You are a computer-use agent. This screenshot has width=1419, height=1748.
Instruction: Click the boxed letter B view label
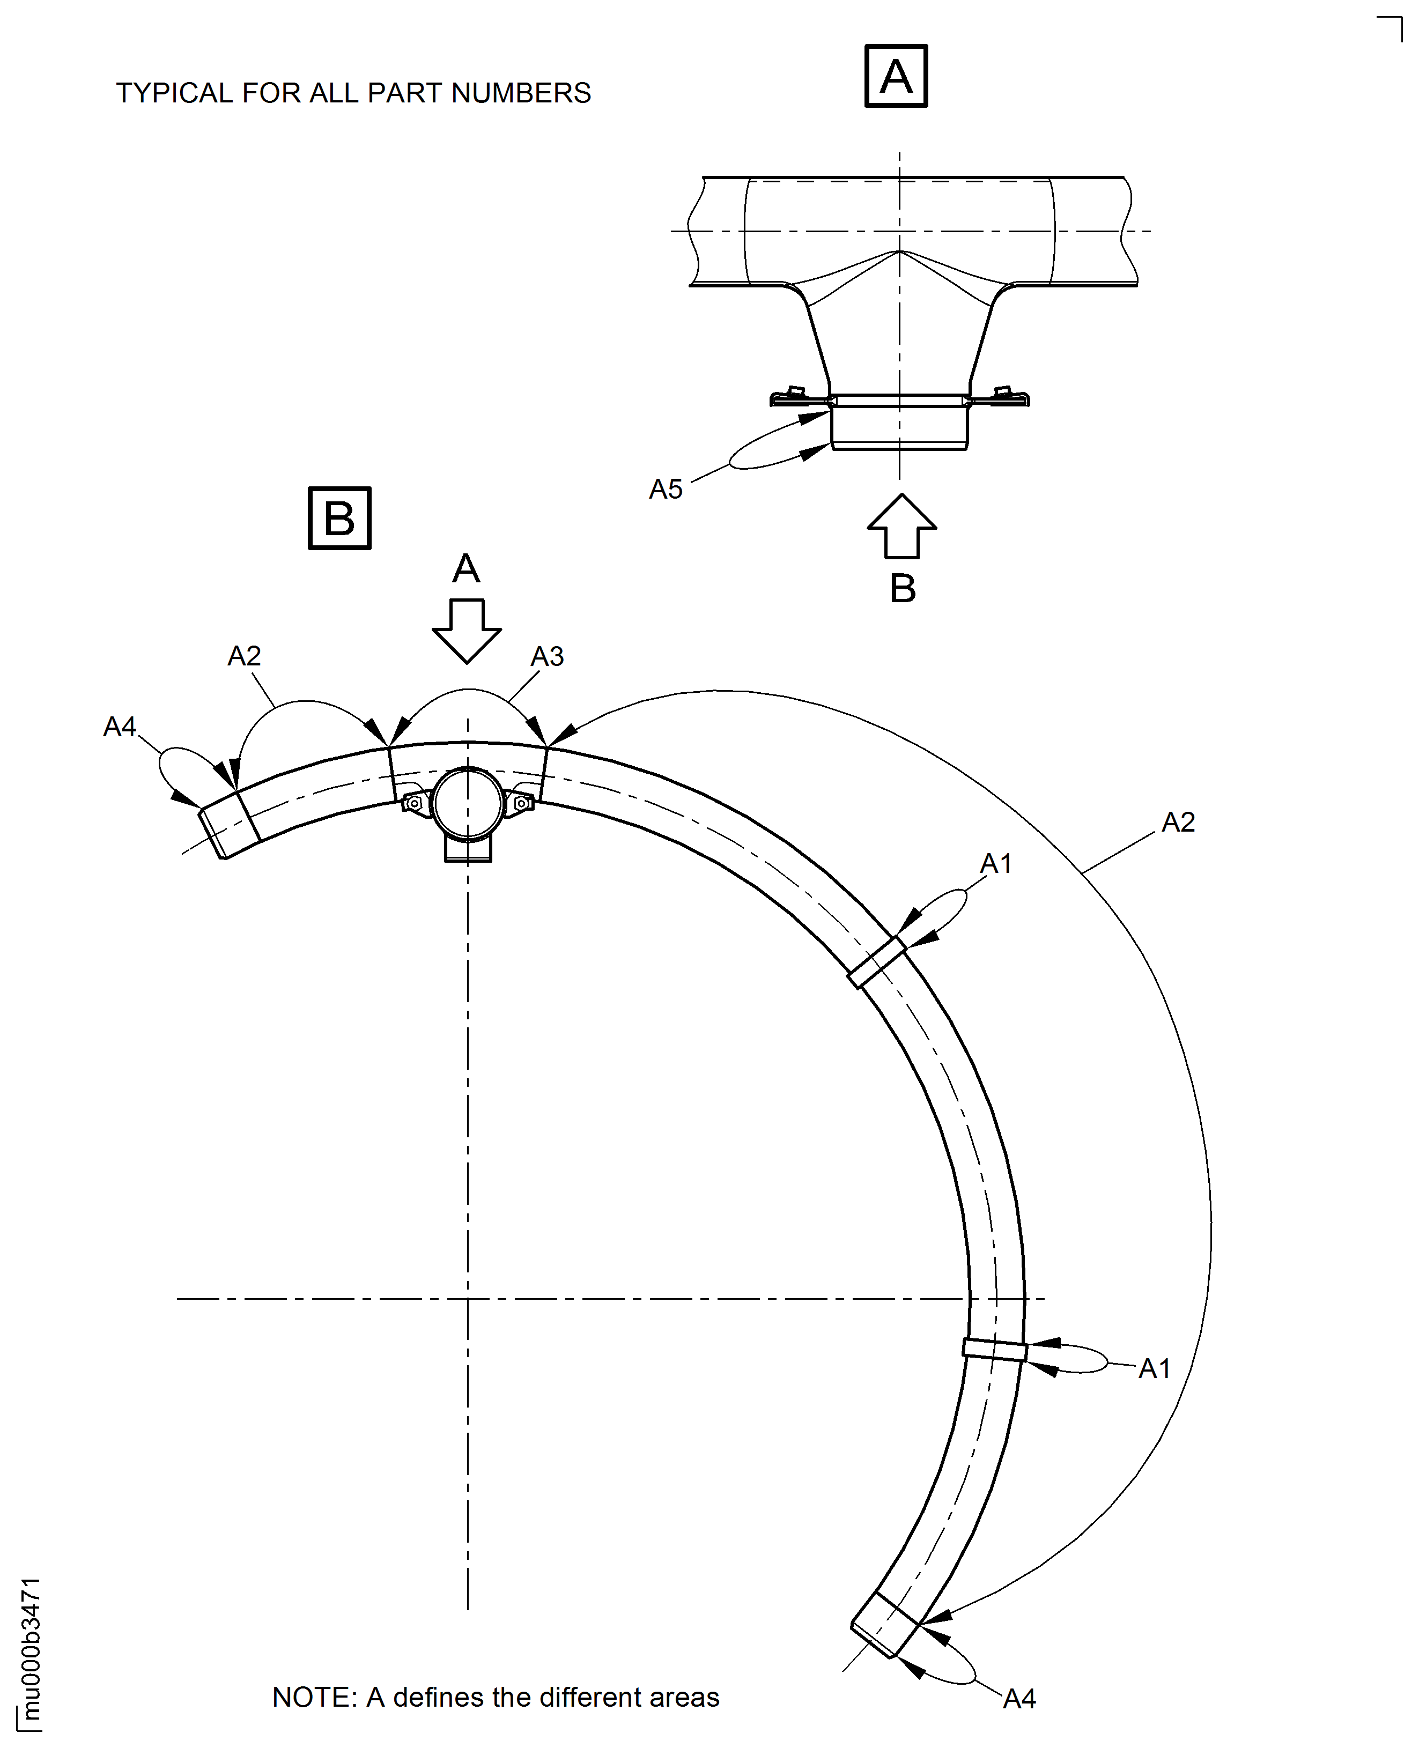point(339,518)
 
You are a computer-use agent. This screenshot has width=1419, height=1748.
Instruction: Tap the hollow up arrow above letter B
point(901,527)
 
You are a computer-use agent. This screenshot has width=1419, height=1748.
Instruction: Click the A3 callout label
point(547,656)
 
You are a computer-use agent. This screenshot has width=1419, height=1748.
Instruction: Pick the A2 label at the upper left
point(243,655)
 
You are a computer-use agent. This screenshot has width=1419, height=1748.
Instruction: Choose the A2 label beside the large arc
point(1178,822)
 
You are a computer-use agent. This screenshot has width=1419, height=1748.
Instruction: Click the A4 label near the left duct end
point(120,727)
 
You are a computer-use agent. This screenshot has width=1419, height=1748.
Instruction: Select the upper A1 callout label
point(995,863)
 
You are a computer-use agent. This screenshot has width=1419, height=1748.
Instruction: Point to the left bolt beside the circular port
point(415,803)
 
